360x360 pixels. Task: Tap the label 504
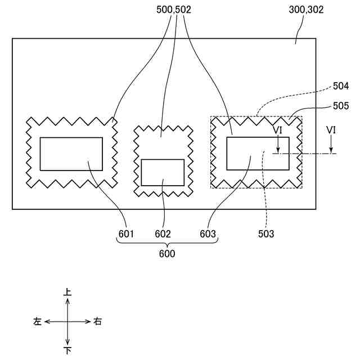tap(341, 86)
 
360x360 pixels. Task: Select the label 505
tap(341, 105)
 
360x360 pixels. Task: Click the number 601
tap(126, 233)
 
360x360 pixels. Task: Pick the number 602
tap(163, 233)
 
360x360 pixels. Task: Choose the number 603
tap(208, 233)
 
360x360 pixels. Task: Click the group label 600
tap(166, 254)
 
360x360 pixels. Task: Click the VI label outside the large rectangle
tap(331, 130)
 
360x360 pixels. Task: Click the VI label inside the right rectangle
tap(278, 130)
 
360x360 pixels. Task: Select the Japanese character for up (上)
tap(67, 292)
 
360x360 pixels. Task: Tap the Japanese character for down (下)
tap(67, 351)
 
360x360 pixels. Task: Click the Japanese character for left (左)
tap(38, 322)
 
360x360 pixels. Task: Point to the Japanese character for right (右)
tap(98, 322)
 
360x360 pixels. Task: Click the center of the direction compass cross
tap(67, 322)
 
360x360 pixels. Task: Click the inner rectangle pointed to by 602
tap(163, 172)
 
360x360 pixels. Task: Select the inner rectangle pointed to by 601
tap(71, 154)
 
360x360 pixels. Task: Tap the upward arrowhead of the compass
tap(67, 300)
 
